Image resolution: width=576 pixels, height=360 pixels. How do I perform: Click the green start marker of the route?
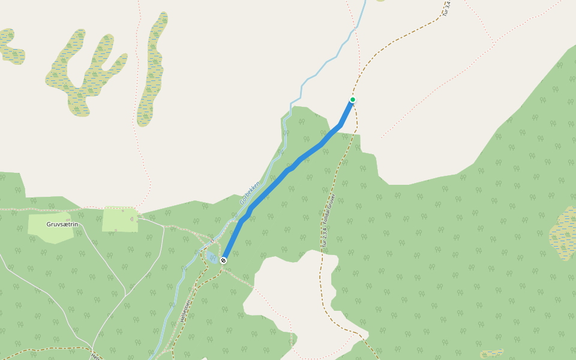click(353, 100)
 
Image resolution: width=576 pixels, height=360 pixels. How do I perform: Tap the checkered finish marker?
click(223, 260)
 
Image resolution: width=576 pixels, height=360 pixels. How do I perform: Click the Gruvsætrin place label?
click(62, 224)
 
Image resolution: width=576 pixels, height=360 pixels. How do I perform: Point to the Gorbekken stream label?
click(250, 193)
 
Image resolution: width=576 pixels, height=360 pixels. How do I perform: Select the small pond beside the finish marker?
click(212, 257)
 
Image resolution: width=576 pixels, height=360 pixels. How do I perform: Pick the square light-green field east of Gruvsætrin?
click(119, 219)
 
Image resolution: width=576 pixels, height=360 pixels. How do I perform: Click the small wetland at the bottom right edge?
click(492, 354)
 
